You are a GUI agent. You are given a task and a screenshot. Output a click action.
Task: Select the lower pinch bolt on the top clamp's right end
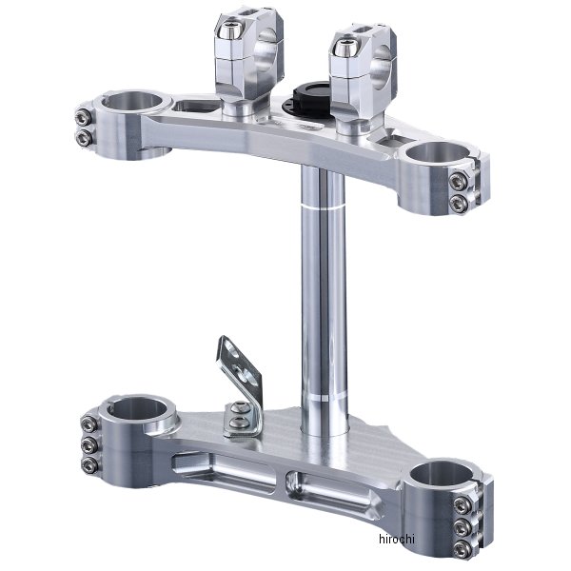(x=463, y=203)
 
